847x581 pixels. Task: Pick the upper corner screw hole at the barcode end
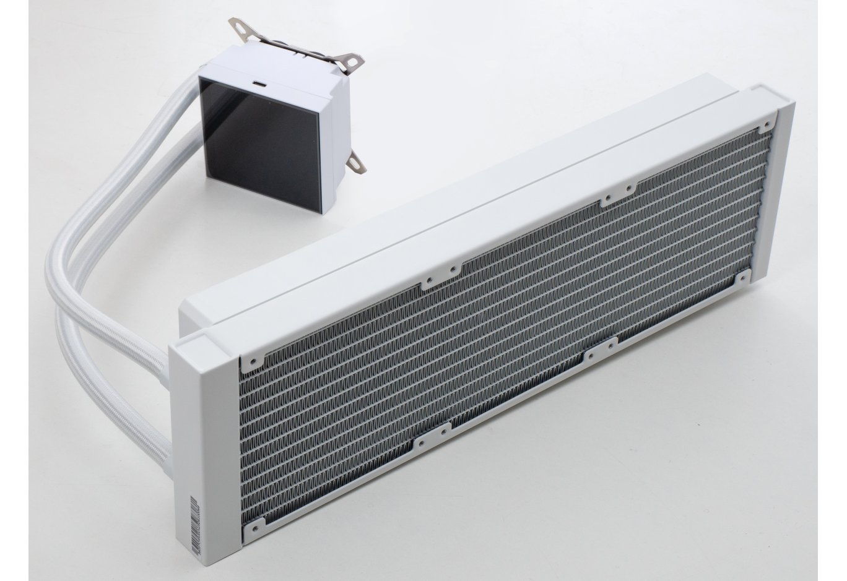tap(251, 359)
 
